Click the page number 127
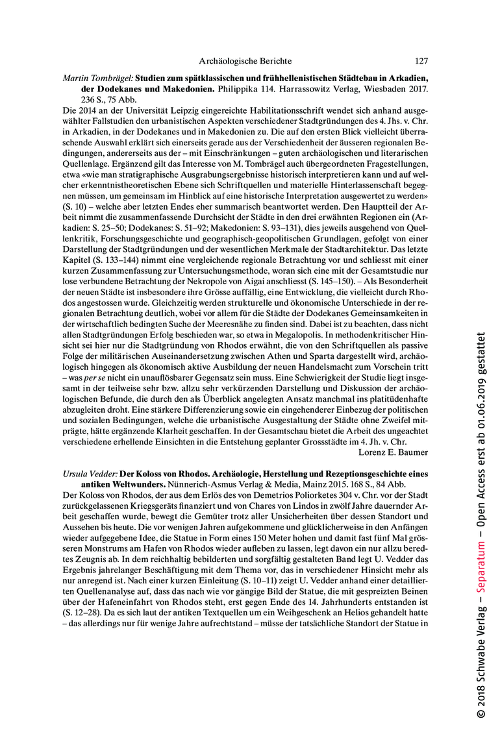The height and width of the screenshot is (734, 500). pos(421,61)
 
